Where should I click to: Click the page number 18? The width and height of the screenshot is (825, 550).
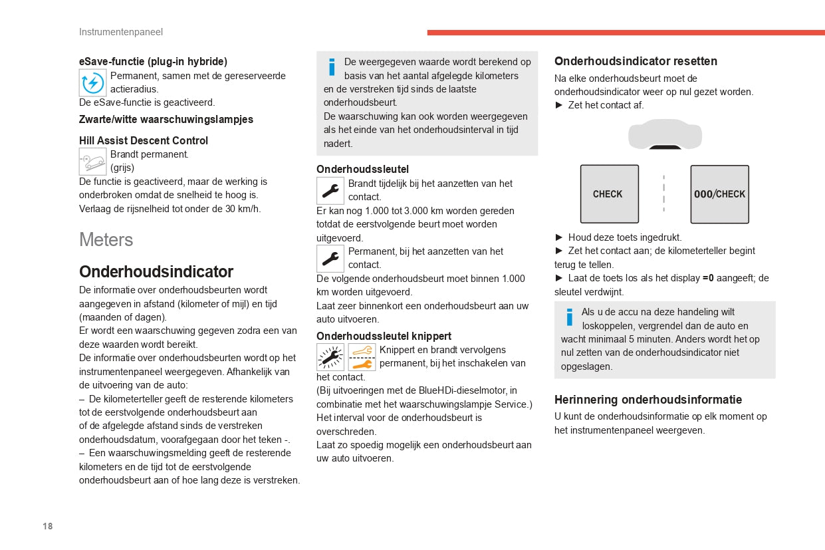[48, 526]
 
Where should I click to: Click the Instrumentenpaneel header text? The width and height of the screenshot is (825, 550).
[120, 32]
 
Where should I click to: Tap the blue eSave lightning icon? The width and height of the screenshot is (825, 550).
[92, 83]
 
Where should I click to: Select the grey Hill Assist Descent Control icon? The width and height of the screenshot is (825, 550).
[92, 161]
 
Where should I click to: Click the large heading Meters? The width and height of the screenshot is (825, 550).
[106, 239]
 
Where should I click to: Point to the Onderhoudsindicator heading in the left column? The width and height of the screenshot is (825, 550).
[156, 271]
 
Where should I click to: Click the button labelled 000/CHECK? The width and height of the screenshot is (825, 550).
[719, 194]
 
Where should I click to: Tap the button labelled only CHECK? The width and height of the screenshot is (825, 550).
[609, 194]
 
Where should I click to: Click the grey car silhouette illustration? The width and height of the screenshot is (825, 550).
[665, 134]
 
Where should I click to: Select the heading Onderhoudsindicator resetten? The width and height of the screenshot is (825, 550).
[636, 61]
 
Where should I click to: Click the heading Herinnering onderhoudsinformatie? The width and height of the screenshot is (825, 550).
[648, 400]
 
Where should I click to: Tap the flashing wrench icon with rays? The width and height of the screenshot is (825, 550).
[330, 357]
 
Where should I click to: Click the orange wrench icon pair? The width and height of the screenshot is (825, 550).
[362, 357]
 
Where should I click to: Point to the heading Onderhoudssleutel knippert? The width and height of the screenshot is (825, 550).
[384, 336]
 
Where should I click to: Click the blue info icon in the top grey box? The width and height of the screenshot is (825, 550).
[332, 67]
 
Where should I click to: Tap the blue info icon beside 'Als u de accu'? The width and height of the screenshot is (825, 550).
[569, 317]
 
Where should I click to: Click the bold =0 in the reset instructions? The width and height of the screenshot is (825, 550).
[708, 278]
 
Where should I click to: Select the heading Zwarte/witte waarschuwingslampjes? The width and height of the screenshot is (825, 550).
[166, 120]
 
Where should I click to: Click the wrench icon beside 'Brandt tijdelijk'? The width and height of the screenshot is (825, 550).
[330, 191]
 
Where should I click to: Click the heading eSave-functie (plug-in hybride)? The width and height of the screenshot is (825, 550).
[153, 61]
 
